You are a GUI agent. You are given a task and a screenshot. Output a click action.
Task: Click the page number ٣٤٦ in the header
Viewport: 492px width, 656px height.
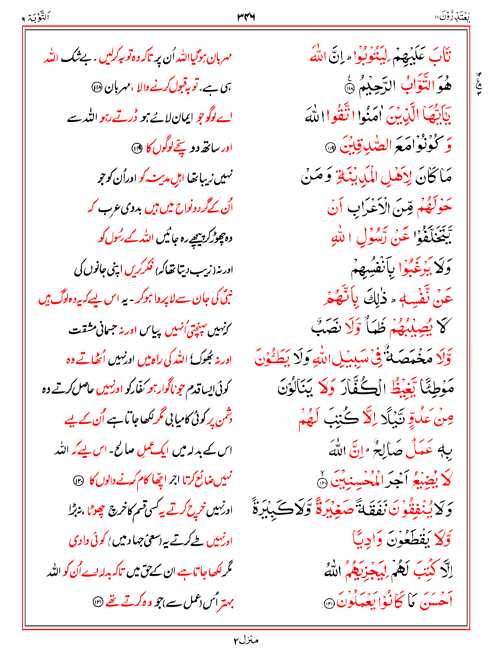click(246, 17)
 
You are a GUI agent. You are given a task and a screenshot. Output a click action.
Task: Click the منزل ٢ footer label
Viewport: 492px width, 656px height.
click(246, 640)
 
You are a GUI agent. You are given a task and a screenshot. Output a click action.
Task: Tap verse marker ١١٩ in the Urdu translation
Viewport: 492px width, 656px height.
click(137, 148)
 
